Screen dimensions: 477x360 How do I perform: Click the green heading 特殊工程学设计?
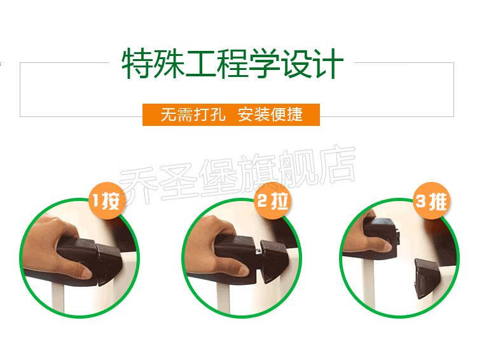tap(233, 64)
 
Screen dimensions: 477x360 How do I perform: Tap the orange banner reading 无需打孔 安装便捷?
tap(232, 114)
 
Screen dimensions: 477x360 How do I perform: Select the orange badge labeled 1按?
tap(107, 200)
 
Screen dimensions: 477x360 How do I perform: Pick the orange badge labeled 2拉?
tap(273, 200)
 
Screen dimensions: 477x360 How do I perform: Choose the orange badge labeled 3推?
tap(432, 200)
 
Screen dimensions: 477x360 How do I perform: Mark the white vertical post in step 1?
tap(58, 299)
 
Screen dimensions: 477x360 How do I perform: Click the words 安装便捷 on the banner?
tap(270, 114)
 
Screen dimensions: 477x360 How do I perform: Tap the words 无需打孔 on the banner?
tap(193, 114)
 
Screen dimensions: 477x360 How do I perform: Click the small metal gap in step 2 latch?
tap(259, 251)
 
